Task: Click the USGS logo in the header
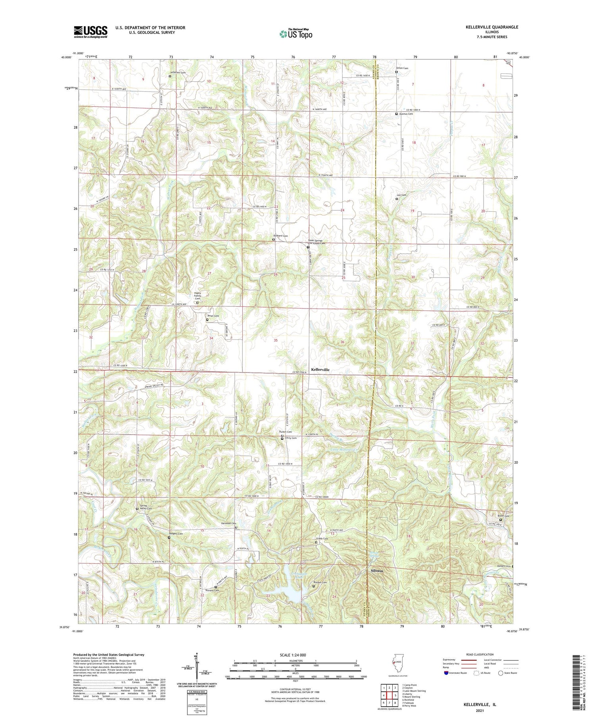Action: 90,32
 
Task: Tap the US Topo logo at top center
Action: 296,34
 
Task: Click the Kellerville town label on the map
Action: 320,369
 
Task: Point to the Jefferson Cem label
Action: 178,73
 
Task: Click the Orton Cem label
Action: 402,68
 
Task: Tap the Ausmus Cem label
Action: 406,114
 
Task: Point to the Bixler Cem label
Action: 503,516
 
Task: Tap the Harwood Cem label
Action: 228,523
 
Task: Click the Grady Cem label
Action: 322,539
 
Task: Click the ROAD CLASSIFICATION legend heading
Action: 480,654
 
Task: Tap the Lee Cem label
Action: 401,195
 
